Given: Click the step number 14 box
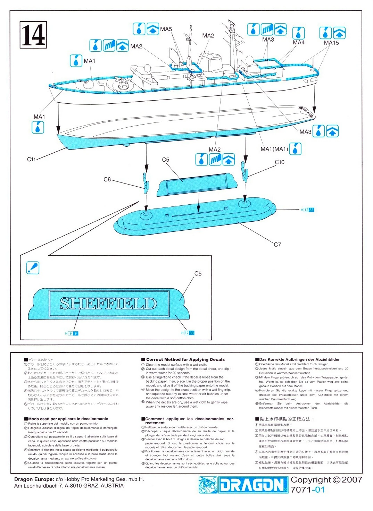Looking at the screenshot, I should pos(33,35).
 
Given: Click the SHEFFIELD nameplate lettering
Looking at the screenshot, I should pos(108,304).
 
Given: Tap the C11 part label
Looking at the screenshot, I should pos(31,160).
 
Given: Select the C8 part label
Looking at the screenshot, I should pos(107,179).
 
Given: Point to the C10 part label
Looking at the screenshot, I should pos(279,162).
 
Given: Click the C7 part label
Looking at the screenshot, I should pos(277,245).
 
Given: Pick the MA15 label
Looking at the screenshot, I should pos(331,43).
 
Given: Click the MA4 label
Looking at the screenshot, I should pos(298,42).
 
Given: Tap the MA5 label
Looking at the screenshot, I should pos(166,29).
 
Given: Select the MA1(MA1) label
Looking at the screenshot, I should pos(274,149).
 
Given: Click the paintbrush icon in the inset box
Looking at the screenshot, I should pos(33,268).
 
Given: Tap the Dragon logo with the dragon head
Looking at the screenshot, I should pos(243,485).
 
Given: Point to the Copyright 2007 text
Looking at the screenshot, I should pos(326,480).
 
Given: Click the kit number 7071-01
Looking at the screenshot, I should pos(307,489).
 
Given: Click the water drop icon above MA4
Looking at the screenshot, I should pos(298,33).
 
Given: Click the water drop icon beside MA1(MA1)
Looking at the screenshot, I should pos(295,148).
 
